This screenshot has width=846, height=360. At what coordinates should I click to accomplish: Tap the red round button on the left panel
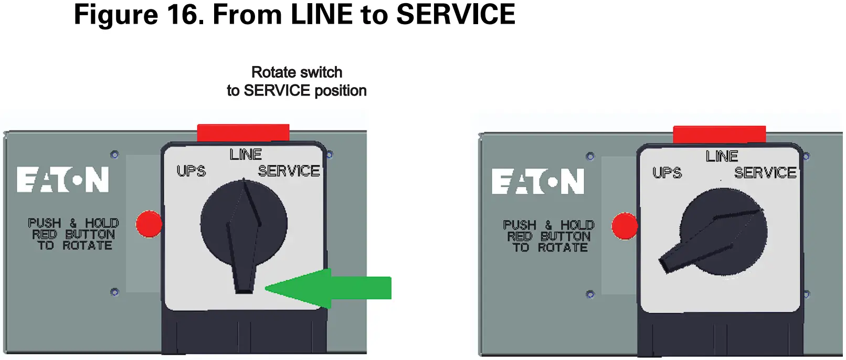149,224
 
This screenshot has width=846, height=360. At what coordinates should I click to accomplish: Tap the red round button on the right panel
625,226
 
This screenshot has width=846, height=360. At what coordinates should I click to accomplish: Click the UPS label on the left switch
191,171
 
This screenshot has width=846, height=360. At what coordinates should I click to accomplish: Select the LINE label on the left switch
246,154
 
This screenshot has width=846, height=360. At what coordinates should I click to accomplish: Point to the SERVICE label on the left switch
289,171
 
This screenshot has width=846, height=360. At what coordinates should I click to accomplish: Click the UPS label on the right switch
667,173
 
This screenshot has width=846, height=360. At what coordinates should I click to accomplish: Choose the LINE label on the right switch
722,156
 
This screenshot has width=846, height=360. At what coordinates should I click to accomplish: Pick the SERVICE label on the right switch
765,173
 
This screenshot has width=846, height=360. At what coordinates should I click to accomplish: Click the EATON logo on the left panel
63,180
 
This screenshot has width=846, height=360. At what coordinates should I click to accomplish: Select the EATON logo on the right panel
538,182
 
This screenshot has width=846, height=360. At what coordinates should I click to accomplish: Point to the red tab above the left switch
243,132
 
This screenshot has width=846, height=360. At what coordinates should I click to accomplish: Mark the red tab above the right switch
719,134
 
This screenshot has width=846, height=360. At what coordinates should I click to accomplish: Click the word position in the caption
340,91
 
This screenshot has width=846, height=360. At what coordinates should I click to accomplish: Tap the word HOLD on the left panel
102,223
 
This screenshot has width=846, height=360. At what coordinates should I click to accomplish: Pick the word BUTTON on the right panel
565,236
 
